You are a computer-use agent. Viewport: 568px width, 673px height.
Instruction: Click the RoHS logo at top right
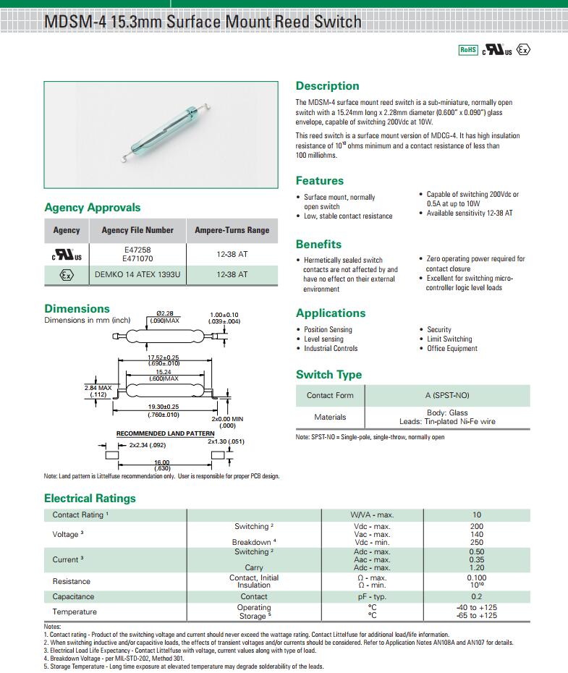pyautogui.click(x=468, y=49)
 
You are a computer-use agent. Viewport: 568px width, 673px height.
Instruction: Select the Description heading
pyautogui.click(x=327, y=86)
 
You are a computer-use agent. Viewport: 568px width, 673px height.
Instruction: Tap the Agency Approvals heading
pyautogui.click(x=93, y=208)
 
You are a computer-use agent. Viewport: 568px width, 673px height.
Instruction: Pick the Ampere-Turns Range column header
pyautogui.click(x=232, y=230)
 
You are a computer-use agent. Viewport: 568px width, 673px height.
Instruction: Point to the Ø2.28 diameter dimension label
pyautogui.click(x=164, y=313)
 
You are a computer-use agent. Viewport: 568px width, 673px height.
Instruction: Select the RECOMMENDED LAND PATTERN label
pyautogui.click(x=166, y=433)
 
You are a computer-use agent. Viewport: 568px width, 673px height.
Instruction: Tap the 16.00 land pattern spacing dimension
pyautogui.click(x=161, y=462)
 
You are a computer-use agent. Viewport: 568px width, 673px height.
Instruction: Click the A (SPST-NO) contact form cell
pyautogui.click(x=447, y=396)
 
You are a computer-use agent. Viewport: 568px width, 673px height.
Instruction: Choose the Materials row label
pyautogui.click(x=330, y=417)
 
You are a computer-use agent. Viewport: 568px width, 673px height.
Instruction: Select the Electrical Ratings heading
pyautogui.click(x=90, y=498)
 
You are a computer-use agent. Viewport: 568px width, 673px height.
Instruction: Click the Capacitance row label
pyautogui.click(x=73, y=597)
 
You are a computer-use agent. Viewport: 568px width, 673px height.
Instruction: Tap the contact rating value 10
pyautogui.click(x=477, y=515)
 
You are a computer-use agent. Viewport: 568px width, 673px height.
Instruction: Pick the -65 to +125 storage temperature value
pyautogui.click(x=477, y=616)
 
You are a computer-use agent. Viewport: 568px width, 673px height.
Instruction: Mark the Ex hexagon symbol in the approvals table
pyautogui.click(x=67, y=275)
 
